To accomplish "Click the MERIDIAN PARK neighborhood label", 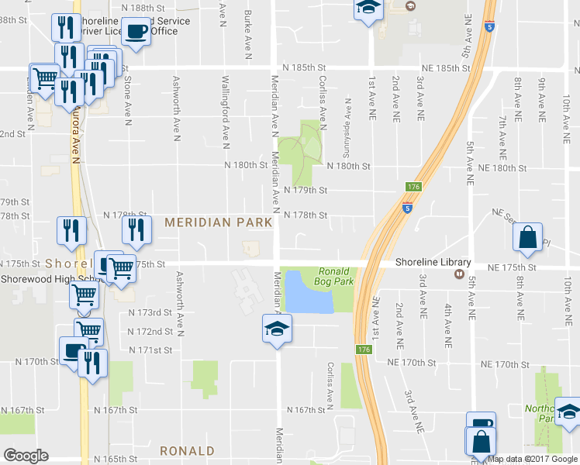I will (218, 222).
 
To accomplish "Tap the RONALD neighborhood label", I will (187, 450).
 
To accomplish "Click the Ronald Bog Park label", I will (335, 276).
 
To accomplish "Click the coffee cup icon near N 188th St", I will (136, 32).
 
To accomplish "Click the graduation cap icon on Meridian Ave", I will (277, 329).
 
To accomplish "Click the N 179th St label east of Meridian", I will (306, 190).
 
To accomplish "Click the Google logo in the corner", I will (26, 455).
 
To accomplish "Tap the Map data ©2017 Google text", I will (532, 459).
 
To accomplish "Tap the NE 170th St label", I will (505, 363).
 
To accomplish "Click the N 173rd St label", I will (149, 312).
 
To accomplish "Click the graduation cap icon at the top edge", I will (368, 9).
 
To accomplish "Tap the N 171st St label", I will (149, 350).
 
